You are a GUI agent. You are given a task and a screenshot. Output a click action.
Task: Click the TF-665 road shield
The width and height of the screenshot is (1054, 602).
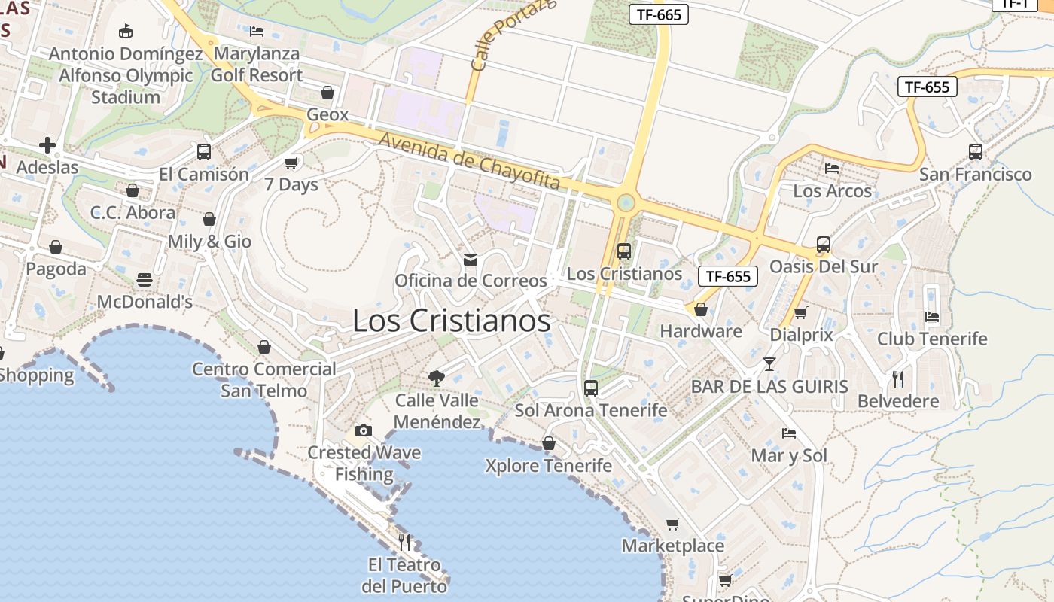point(658,14)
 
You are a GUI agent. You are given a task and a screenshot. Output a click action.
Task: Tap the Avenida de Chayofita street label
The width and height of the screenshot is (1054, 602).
point(470,161)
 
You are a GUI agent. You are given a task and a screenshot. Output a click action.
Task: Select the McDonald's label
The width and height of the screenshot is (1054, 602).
point(145,302)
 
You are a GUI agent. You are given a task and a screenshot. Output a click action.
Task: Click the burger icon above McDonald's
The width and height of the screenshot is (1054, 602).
point(145,280)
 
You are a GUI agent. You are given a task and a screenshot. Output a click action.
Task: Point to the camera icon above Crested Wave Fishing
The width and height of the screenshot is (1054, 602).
point(364,430)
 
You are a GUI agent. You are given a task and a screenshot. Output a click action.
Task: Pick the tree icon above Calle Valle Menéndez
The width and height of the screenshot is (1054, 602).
point(437,378)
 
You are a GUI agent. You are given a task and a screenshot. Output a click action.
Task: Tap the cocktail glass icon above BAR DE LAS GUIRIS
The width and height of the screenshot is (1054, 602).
point(769,364)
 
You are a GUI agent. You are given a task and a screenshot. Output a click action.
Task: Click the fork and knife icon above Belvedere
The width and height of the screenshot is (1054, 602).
point(897,379)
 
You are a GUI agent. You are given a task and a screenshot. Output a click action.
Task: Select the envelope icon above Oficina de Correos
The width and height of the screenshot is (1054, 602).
point(471,260)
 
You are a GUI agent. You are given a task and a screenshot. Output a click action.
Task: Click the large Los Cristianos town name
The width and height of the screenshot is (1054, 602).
point(452,321)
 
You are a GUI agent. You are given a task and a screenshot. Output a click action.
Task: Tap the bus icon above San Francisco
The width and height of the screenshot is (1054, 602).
point(976,151)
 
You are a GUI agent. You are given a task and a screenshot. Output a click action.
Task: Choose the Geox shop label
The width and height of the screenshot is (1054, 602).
point(327,114)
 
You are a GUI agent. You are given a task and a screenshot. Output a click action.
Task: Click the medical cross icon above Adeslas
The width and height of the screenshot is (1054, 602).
point(47,144)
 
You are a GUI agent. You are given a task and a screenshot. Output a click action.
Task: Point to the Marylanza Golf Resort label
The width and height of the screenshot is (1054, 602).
point(257,65)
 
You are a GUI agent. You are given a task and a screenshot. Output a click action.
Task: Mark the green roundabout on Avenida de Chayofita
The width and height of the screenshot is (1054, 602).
point(625,202)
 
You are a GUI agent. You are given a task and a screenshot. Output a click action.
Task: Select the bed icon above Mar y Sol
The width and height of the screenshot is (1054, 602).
point(789,433)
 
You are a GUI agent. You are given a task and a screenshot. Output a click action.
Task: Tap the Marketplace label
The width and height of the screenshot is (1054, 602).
point(673,546)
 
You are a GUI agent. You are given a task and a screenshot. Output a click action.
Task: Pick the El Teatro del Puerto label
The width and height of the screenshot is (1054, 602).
point(404,575)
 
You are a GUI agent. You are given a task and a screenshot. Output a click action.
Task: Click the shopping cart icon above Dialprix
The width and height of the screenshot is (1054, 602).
point(801,312)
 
